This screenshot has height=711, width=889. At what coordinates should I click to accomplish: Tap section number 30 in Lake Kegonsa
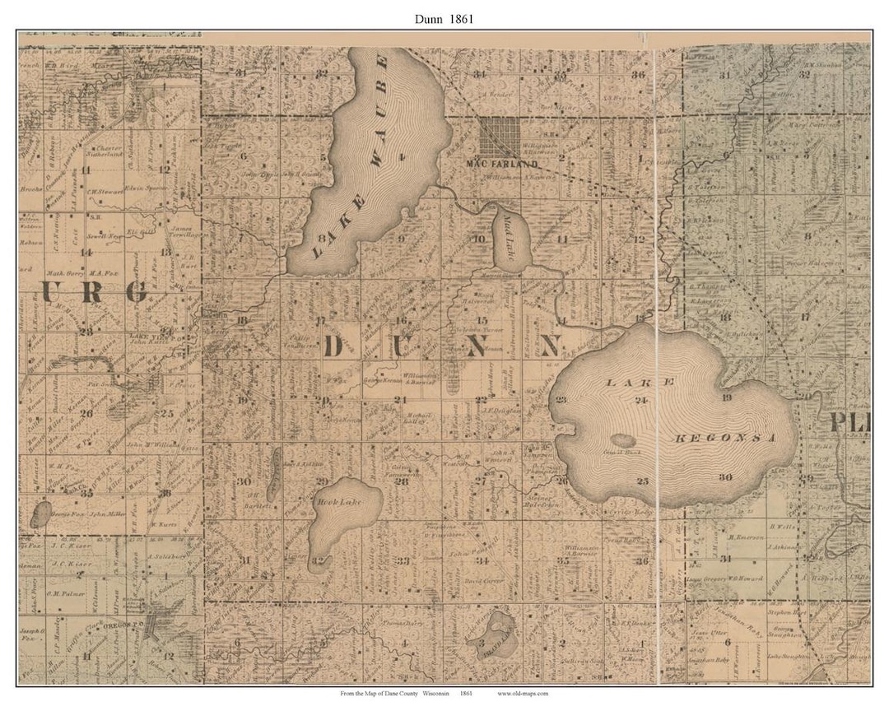(724, 477)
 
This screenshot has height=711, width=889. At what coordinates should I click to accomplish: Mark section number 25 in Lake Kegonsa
(643, 480)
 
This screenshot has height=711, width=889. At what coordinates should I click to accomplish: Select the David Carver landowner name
(482, 582)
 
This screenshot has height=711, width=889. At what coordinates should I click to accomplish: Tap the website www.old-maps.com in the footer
(523, 693)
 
